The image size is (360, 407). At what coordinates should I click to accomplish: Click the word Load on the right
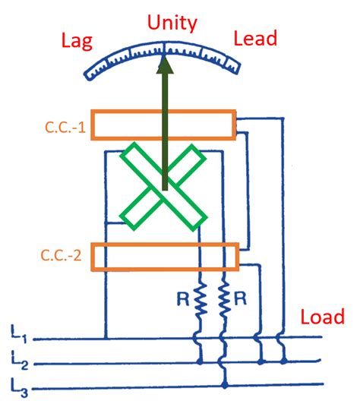pos(323,317)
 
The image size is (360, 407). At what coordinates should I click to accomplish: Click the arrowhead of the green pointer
pos(164,67)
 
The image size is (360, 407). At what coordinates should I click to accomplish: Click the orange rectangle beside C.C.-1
pos(163,125)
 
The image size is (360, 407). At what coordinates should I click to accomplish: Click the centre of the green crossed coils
pos(163,186)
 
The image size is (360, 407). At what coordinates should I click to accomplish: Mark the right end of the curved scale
pos(237,74)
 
